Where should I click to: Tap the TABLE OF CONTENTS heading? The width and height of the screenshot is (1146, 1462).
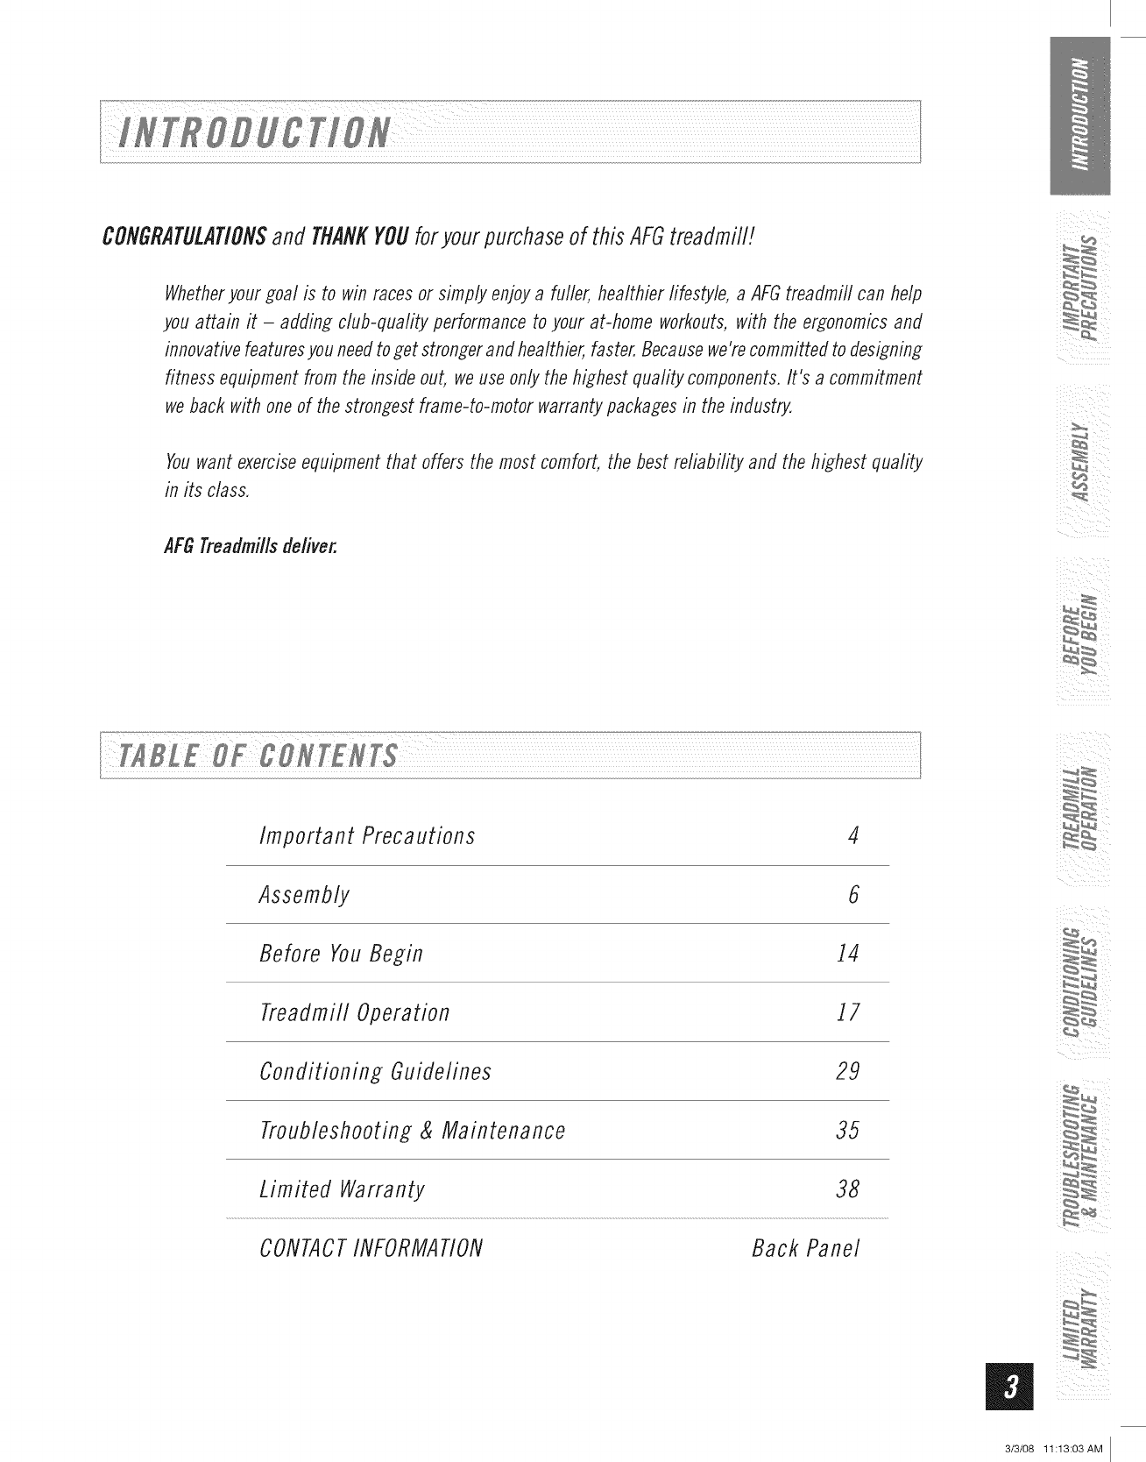(258, 756)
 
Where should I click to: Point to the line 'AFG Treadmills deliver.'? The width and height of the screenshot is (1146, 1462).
(251, 547)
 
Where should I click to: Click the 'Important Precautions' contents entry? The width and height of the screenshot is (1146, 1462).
(367, 836)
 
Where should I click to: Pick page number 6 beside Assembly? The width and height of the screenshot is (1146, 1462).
(852, 895)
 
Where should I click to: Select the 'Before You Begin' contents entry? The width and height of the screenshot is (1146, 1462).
(342, 954)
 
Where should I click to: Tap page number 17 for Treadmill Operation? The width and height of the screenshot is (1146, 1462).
(848, 1013)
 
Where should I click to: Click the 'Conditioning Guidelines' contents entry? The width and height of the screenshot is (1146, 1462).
(376, 1072)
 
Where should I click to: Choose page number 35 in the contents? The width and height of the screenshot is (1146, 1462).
(847, 1131)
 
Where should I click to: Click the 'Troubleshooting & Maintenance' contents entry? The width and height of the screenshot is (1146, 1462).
(413, 1131)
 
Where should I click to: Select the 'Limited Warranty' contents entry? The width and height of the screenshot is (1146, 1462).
(343, 1189)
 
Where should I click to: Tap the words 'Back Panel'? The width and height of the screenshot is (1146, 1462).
(806, 1248)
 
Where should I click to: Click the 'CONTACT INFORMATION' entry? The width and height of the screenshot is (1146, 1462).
(371, 1248)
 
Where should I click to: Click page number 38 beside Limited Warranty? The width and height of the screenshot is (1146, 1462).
(847, 1189)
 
